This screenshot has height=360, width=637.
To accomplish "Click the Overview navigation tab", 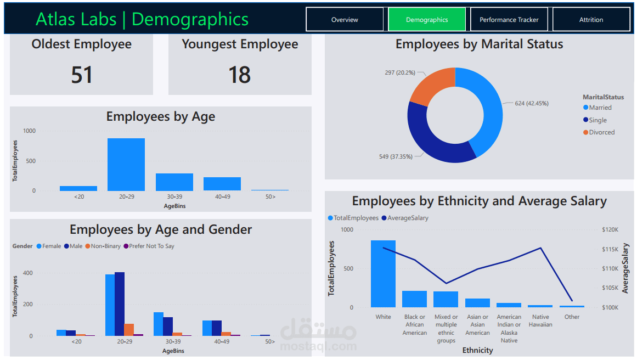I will (345, 20).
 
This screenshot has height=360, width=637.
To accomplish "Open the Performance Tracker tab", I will (509, 20).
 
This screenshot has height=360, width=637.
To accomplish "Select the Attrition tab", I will (591, 20).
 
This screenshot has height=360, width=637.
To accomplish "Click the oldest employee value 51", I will (82, 75).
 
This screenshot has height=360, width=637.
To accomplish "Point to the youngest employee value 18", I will (240, 75).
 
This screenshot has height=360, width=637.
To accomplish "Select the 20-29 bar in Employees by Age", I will (126, 165).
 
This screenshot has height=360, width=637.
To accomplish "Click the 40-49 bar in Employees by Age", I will (222, 184).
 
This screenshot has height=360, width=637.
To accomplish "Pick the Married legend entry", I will (600, 108).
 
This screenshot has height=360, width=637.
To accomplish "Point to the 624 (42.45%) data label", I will (531, 103).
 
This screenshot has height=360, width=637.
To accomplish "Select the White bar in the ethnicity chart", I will (383, 274).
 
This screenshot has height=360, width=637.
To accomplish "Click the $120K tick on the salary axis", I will (610, 230).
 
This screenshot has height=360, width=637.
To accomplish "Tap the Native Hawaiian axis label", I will (540, 320).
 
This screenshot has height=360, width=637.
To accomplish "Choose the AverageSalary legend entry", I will (408, 218).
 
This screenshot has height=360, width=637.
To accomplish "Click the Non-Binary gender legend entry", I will (105, 246).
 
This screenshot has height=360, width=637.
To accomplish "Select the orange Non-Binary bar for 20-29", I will (129, 330).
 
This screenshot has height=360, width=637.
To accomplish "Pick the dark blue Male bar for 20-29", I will (120, 304).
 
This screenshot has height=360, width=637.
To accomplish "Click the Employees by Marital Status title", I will (479, 44).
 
